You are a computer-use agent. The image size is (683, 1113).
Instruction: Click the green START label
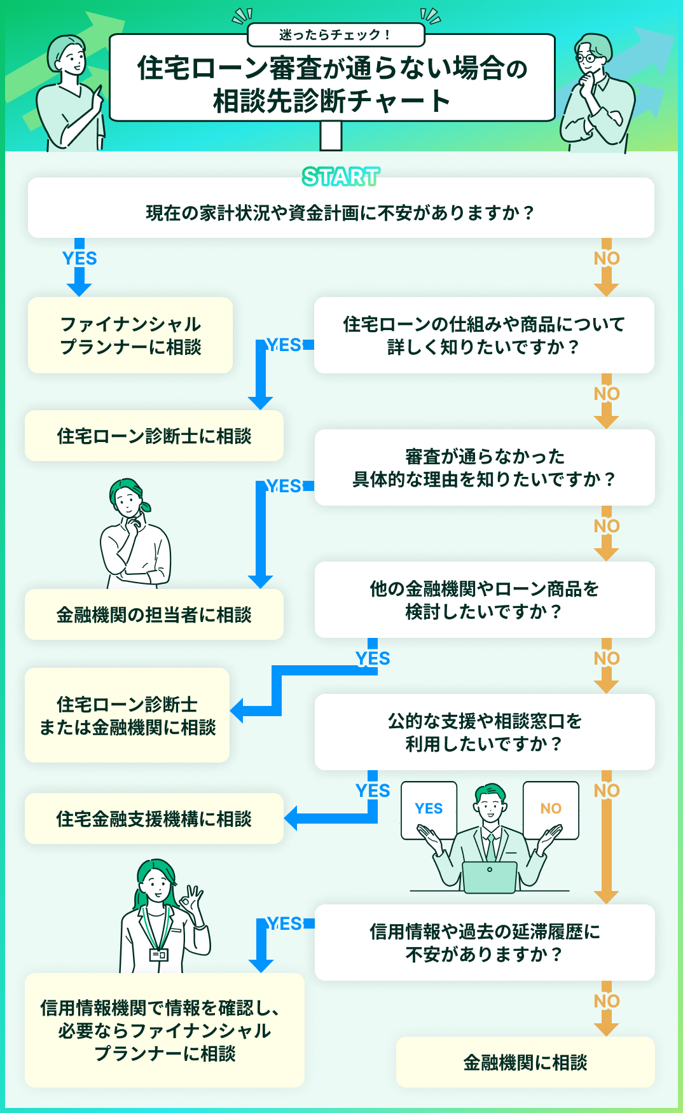pos(341,177)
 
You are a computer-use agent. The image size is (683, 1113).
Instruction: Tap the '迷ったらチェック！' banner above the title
pos(335,35)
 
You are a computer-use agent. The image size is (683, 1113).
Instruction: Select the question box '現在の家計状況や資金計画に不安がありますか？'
pos(341,212)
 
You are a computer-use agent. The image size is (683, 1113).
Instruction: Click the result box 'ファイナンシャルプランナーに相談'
pos(130,335)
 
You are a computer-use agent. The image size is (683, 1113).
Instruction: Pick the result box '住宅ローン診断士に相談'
pos(154,436)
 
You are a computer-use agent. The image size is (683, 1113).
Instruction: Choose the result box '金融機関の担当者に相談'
pos(154,614)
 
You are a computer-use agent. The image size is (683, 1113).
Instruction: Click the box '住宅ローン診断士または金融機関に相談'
pos(127,715)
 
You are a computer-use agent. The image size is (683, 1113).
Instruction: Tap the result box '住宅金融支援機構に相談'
pos(154,819)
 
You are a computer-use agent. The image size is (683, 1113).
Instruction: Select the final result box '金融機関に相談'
pos(525,1062)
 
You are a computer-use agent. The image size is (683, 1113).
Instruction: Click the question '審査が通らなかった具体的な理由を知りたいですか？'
pos(485,467)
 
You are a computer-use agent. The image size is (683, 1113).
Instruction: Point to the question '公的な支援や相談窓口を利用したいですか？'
pos(485,732)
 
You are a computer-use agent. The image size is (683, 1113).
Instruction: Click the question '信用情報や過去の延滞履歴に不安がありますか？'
pos(485,943)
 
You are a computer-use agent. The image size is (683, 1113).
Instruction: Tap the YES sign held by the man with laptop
pos(429,809)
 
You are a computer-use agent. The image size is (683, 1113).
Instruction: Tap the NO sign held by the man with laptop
pos(551,809)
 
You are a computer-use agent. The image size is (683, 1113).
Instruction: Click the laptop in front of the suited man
pos(490,876)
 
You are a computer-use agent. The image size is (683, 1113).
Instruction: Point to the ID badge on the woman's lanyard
pos(158,955)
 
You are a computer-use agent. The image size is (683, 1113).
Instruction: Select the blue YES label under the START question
pos(79,258)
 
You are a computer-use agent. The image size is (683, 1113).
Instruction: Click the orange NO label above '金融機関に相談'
pos(607,1001)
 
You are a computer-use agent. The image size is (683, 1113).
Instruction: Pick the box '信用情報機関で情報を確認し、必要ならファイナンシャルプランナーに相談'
pos(164,1030)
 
